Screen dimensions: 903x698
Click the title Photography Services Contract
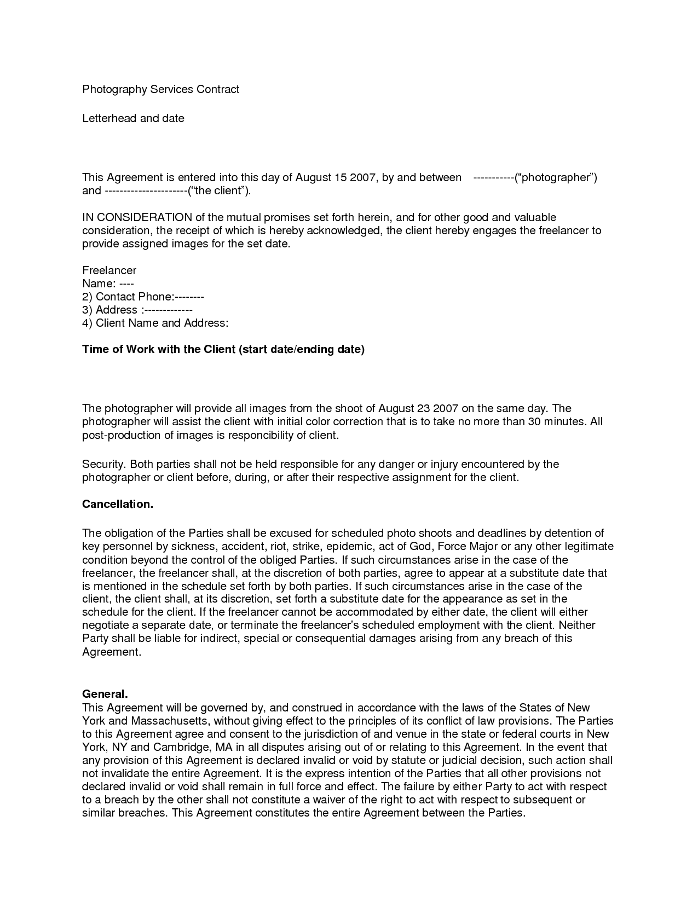pos(160,89)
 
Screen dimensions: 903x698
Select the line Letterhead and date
pos(133,118)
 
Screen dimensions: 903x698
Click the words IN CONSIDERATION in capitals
pos(137,217)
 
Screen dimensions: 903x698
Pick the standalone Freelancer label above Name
pos(109,270)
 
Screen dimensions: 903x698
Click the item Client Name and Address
pos(161,323)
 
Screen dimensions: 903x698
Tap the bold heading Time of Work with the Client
pos(223,349)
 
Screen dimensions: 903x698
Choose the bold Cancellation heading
pos(117,504)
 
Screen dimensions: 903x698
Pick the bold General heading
pos(105,694)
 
